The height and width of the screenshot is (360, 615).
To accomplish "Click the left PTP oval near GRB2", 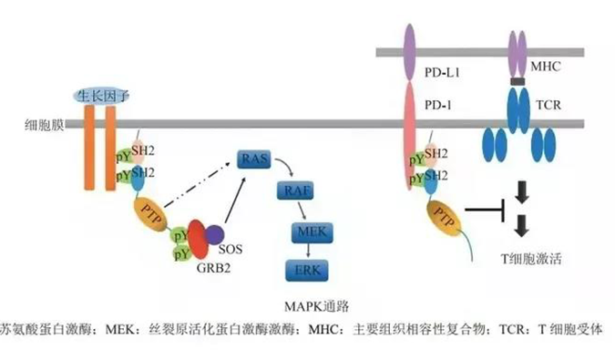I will pos(151,215).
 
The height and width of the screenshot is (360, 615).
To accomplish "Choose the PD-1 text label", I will pos(450,104).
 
